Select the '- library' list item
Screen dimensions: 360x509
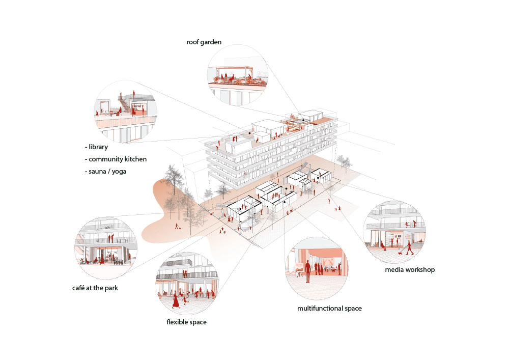[x=99, y=147]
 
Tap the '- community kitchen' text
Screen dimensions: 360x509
[x=116, y=159]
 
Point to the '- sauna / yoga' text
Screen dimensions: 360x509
[x=105, y=172]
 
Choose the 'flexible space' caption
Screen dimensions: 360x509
[x=186, y=322]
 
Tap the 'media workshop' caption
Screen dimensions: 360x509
[x=410, y=269]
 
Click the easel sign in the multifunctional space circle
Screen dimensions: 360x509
[x=299, y=268]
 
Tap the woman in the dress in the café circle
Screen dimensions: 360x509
[x=102, y=259]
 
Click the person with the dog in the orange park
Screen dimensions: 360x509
[x=177, y=226]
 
